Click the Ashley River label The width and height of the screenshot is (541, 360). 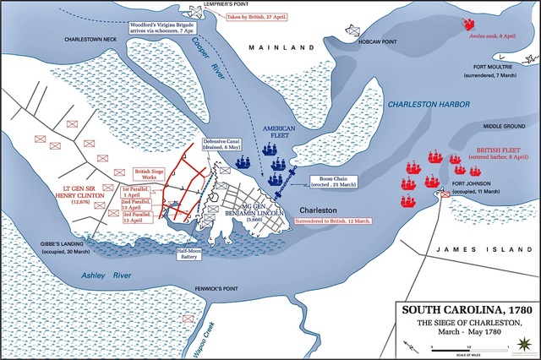pyautogui.click(x=101, y=275)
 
